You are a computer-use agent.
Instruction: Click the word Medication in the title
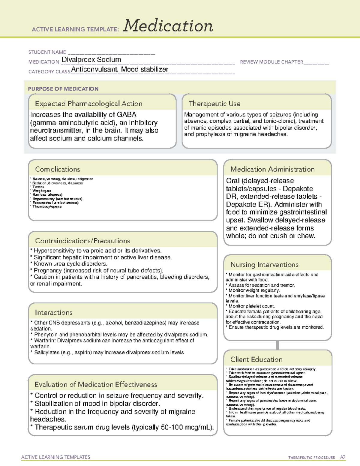pyautogui.click(x=168, y=26)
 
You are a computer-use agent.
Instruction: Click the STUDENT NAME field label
pyautogui.click(x=47, y=52)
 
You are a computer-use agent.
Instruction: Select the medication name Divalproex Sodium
pyautogui.click(x=91, y=60)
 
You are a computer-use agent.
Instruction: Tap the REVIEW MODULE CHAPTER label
pyautogui.click(x=271, y=62)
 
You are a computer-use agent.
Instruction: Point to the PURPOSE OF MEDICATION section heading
pyautogui.click(x=63, y=89)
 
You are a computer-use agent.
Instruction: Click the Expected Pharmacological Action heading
pyautogui.click(x=88, y=104)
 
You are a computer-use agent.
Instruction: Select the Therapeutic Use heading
pyautogui.click(x=214, y=104)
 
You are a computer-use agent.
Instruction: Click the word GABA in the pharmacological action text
pyautogui.click(x=127, y=115)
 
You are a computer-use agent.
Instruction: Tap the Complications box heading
pyautogui.click(x=57, y=169)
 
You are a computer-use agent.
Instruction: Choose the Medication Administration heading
pyautogui.click(x=272, y=169)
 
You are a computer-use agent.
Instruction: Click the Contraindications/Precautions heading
pyautogui.click(x=82, y=241)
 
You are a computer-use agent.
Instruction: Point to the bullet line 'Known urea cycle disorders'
pyautogui.click(x=70, y=264)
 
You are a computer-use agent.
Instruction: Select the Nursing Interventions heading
pyautogui.click(x=264, y=265)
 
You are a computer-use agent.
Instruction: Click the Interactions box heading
pyautogui.click(x=54, y=313)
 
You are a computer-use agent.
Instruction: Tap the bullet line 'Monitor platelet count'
pyautogui.click(x=251, y=306)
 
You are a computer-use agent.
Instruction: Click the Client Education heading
pyautogui.click(x=256, y=359)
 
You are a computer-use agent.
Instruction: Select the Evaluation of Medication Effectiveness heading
pyautogui.click(x=96, y=385)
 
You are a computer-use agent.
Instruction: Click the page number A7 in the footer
pyautogui.click(x=343, y=457)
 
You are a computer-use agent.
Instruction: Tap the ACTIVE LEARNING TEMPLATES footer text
pyautogui.click(x=56, y=457)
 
